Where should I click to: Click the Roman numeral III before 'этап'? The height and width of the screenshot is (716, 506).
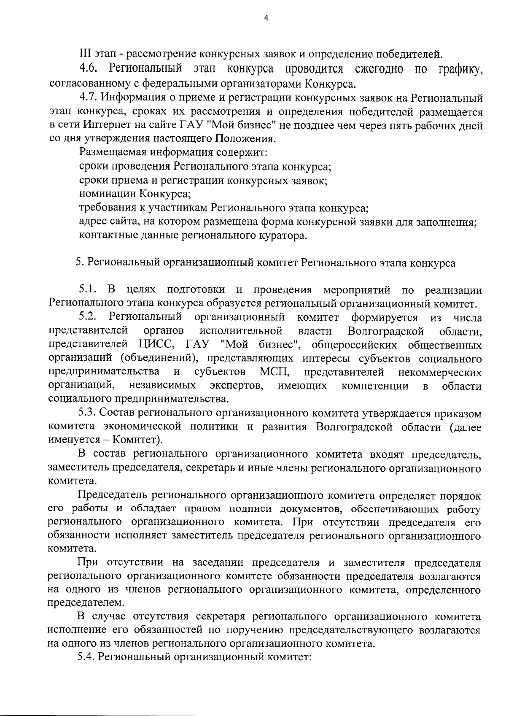click(86, 54)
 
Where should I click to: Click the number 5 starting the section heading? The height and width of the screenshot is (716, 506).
click(78, 263)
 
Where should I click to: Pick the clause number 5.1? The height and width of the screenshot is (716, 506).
click(88, 290)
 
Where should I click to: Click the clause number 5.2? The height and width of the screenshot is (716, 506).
click(88, 317)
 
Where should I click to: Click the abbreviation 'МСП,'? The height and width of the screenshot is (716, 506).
click(275, 372)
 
